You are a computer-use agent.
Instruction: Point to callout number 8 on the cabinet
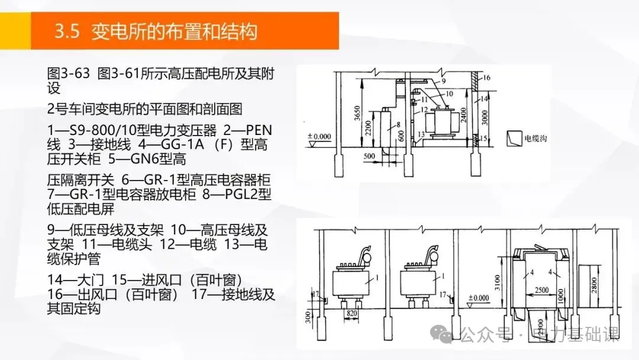point(398,125)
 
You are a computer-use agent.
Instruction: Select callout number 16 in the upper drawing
point(488,78)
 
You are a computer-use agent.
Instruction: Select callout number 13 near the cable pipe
point(421,135)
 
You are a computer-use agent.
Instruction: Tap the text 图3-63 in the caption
point(68,74)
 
